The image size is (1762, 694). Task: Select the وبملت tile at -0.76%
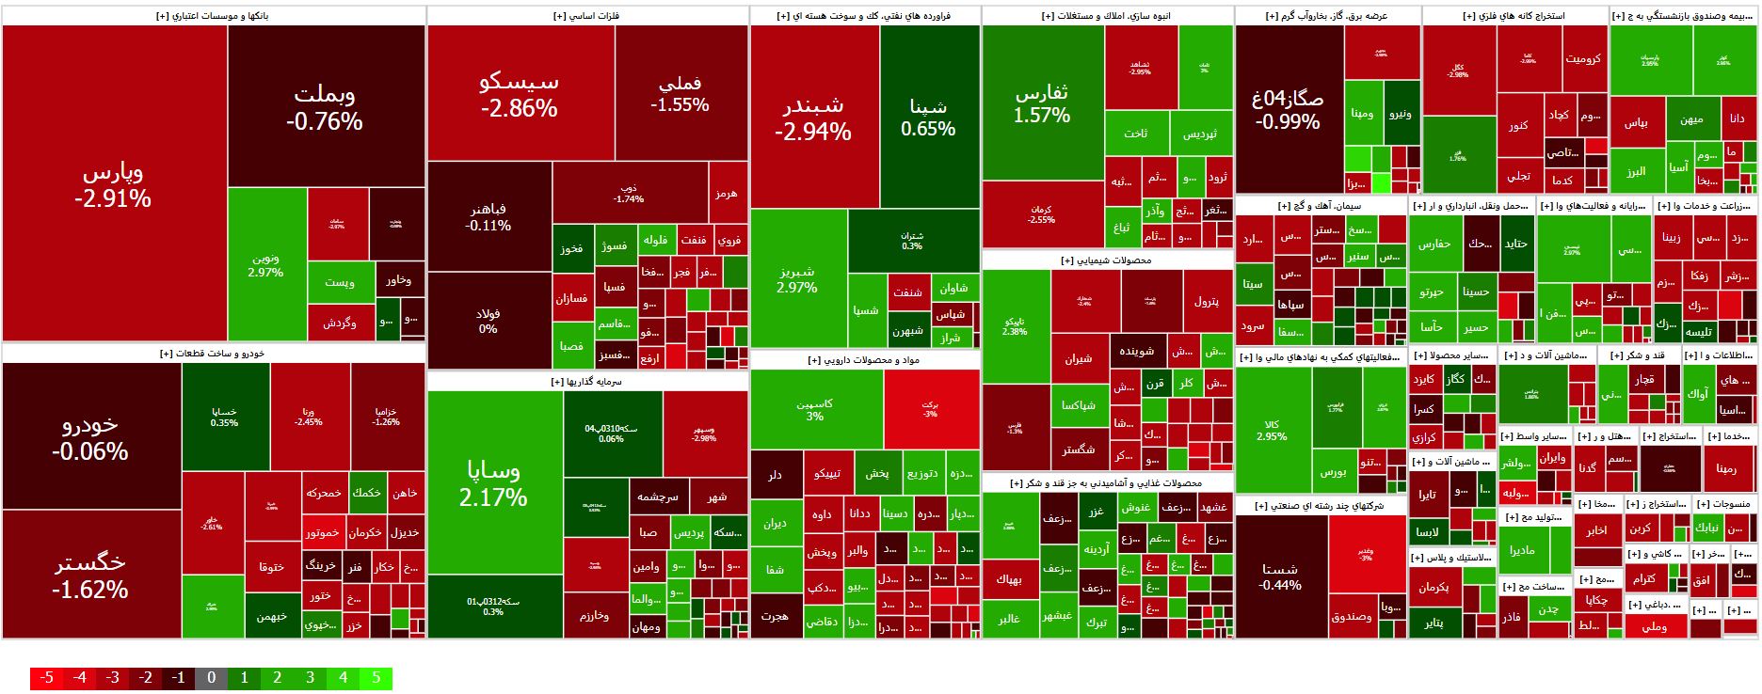[x=325, y=107]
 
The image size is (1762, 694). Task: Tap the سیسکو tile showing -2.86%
[x=519, y=94]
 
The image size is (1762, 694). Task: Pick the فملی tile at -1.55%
[x=680, y=94]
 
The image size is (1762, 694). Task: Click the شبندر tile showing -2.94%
[x=813, y=118]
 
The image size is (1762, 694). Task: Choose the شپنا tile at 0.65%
[x=928, y=118]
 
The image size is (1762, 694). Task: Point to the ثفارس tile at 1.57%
[x=1042, y=103]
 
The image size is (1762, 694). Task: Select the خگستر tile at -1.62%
[x=91, y=576]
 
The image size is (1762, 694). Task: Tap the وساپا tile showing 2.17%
[x=494, y=482]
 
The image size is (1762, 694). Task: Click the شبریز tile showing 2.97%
[x=797, y=278]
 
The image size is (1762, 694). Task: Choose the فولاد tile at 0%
[x=488, y=321]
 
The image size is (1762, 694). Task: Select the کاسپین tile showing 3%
[x=815, y=409]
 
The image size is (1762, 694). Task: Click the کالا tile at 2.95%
[x=1272, y=430]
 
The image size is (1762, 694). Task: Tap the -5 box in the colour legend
[x=46, y=678]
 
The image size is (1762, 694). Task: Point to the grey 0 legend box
[x=211, y=678]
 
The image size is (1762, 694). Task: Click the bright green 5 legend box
[x=376, y=678]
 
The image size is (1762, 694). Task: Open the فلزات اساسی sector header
[x=587, y=16]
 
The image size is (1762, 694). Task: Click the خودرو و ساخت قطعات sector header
[x=213, y=354]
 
